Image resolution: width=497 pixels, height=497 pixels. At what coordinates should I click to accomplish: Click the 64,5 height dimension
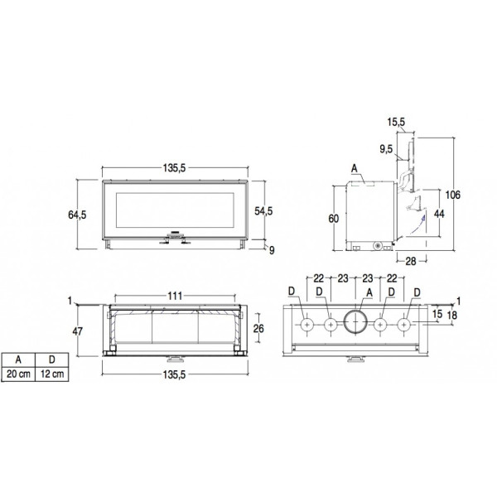click(77, 215)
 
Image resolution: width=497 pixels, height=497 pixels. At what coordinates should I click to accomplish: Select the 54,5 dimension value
click(263, 210)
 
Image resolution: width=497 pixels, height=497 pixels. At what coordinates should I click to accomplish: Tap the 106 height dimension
click(452, 195)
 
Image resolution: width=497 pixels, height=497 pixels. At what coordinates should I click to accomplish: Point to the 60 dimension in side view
click(334, 219)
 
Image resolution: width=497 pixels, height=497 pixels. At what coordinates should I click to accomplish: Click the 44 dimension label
click(439, 214)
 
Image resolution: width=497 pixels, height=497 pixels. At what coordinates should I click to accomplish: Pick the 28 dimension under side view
click(411, 261)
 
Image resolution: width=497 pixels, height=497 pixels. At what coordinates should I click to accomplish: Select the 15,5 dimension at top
click(396, 122)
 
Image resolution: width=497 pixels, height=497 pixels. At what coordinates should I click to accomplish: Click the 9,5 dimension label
click(386, 148)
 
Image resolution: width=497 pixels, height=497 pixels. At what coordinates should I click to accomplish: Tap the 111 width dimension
click(175, 296)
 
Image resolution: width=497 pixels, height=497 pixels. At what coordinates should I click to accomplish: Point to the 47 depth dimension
click(77, 331)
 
